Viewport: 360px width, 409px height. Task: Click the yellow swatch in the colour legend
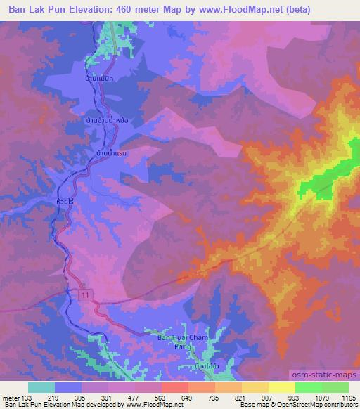point(281,387)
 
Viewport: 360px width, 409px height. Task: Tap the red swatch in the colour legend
point(174,387)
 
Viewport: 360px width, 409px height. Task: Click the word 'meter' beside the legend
point(11,397)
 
